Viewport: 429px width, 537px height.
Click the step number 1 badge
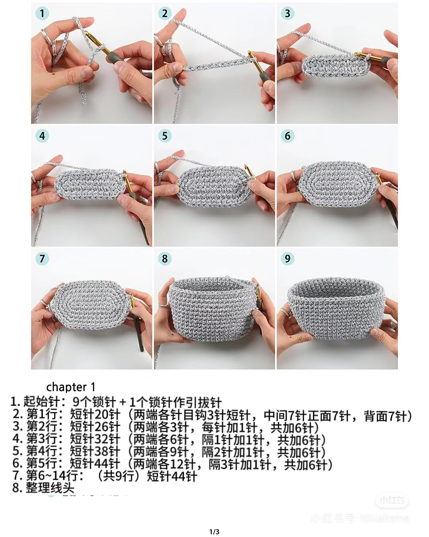click(x=42, y=14)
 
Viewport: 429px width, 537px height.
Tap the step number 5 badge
click(x=164, y=136)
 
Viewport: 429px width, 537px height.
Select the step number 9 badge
click(x=287, y=259)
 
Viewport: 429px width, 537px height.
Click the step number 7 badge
click(x=42, y=259)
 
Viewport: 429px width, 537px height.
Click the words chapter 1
click(x=71, y=387)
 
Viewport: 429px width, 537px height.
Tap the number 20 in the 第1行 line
click(x=102, y=415)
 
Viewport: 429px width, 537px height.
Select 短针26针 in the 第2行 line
click(x=95, y=428)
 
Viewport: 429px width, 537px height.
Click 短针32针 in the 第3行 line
click(x=95, y=440)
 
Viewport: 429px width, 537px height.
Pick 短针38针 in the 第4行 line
click(x=95, y=452)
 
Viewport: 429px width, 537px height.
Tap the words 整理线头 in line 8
click(x=50, y=488)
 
